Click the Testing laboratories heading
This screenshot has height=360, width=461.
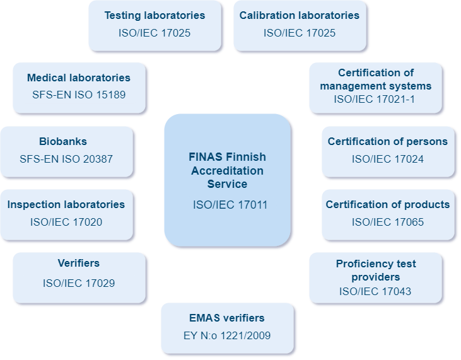tap(155, 15)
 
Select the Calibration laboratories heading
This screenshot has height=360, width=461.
tap(299, 15)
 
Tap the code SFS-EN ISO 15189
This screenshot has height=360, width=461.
tap(79, 95)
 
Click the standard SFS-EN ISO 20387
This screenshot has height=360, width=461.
tap(66, 159)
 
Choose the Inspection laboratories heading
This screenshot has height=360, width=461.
tap(66, 204)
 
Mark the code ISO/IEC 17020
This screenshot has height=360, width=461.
tap(66, 222)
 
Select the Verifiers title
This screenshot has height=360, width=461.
tap(78, 263)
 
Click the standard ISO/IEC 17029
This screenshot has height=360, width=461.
tap(79, 283)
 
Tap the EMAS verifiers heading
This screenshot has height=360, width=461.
tap(227, 318)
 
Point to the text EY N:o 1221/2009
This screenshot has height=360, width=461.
tap(227, 335)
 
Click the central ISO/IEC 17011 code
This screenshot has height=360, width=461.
tap(227, 204)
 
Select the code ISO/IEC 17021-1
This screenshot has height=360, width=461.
tap(375, 99)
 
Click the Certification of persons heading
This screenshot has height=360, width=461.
tap(387, 141)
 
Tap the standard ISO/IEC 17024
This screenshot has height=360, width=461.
tap(387, 159)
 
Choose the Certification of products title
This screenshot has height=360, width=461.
tap(387, 204)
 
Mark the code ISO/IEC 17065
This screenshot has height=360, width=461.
tap(387, 222)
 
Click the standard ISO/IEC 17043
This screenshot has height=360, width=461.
tap(375, 291)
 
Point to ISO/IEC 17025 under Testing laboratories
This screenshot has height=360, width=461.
tap(155, 33)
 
